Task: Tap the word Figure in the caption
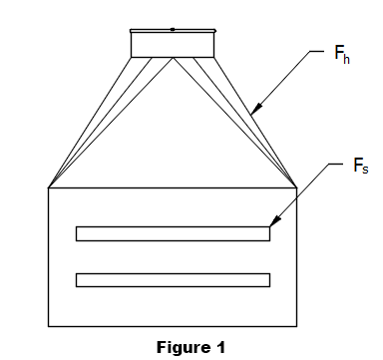180,347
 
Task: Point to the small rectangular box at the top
173,44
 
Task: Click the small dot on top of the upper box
173,30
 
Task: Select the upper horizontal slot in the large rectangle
173,233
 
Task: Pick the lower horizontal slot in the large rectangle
173,279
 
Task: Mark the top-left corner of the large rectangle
48,187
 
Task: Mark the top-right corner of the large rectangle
297,187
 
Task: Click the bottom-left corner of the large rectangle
48,325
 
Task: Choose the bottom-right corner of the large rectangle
297,325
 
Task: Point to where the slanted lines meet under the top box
173,58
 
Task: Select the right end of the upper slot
269,233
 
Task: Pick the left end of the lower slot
77,279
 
